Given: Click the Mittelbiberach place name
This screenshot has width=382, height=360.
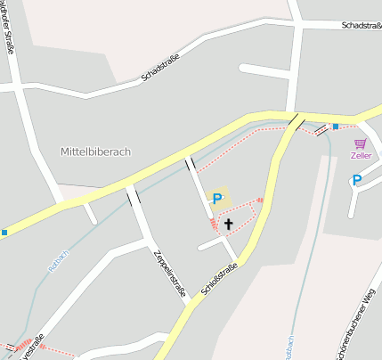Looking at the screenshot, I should point(95,151).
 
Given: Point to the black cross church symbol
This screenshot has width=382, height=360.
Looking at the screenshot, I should point(228,225).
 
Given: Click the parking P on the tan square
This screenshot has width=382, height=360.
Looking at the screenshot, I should point(216,199).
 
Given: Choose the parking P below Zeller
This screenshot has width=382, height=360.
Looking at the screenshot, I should point(357,180).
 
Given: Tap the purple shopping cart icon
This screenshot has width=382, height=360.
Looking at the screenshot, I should point(360,143).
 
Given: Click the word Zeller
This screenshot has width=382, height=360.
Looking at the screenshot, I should point(361,156).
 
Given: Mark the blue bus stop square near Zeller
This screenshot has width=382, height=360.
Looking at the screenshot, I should point(335,127).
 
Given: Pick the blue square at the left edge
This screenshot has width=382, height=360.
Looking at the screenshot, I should point(4,233).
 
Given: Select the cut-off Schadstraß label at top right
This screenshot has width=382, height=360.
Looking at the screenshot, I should point(361,26).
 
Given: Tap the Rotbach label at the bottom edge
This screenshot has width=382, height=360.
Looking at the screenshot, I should point(289,349).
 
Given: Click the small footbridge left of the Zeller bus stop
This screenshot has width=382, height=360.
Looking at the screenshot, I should point(320,131).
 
